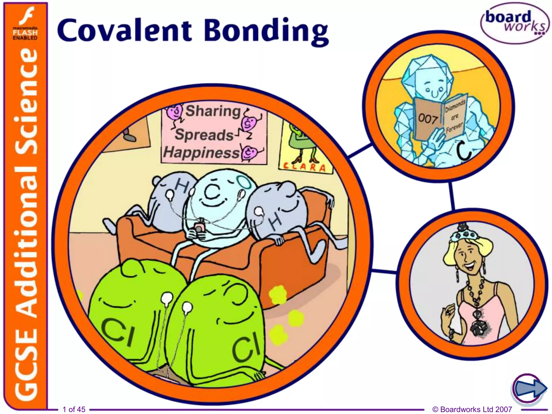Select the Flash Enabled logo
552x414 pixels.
25,24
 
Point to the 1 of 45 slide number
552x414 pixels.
74,409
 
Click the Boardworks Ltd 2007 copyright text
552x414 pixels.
472,409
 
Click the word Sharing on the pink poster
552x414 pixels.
213,111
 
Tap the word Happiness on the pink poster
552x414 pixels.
201,153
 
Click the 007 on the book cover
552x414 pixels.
428,119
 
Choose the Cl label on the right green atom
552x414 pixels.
246,349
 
